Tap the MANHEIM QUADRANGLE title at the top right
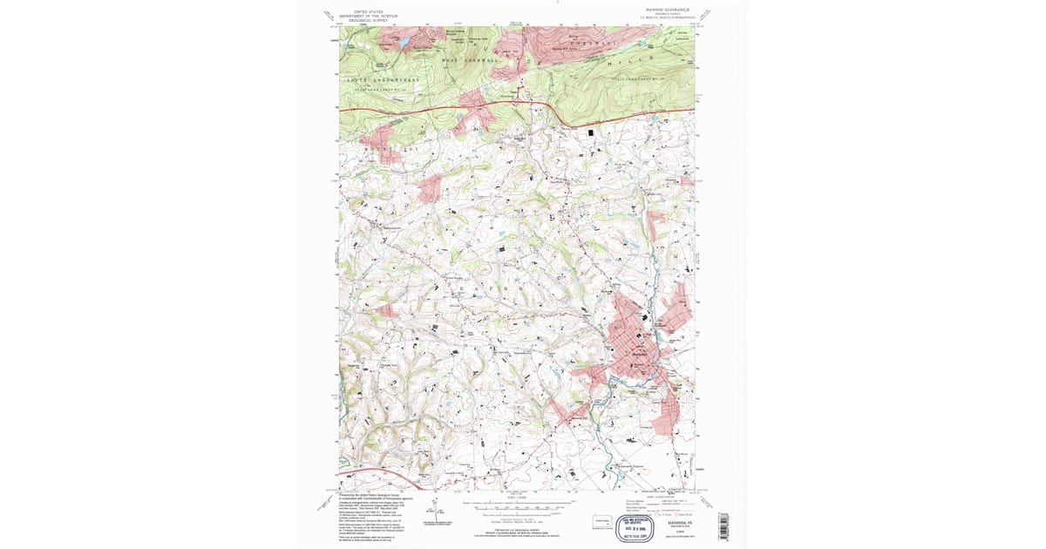(667, 10)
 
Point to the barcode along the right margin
(723, 525)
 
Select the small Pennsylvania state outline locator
(601, 520)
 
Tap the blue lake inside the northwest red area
(403, 40)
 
